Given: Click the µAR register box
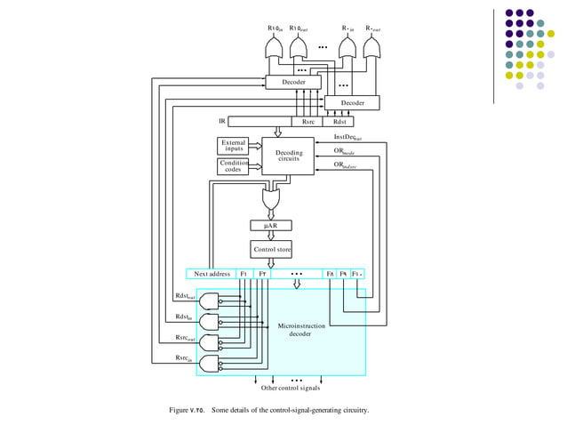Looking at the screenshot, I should coord(270,226).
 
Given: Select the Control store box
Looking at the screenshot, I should coord(271,250).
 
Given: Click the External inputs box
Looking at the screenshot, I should coord(233,145).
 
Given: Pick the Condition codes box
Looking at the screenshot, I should coord(233,166).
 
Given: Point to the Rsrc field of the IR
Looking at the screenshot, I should coord(307,121).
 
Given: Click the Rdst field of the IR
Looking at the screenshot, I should coord(339,121).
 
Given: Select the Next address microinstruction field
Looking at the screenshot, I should coord(212,274).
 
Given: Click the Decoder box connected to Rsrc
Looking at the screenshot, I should coord(294,82).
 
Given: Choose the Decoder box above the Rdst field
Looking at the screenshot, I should coord(352,103).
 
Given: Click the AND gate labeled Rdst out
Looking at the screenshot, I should coord(211,301).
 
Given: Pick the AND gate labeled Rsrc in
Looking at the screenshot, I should coord(211,363).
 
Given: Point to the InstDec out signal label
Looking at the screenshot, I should coord(347,138).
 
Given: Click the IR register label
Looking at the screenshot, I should coord(221,121).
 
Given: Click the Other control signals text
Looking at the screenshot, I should coord(291,388).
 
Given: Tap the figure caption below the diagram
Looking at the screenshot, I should coord(268,410).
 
